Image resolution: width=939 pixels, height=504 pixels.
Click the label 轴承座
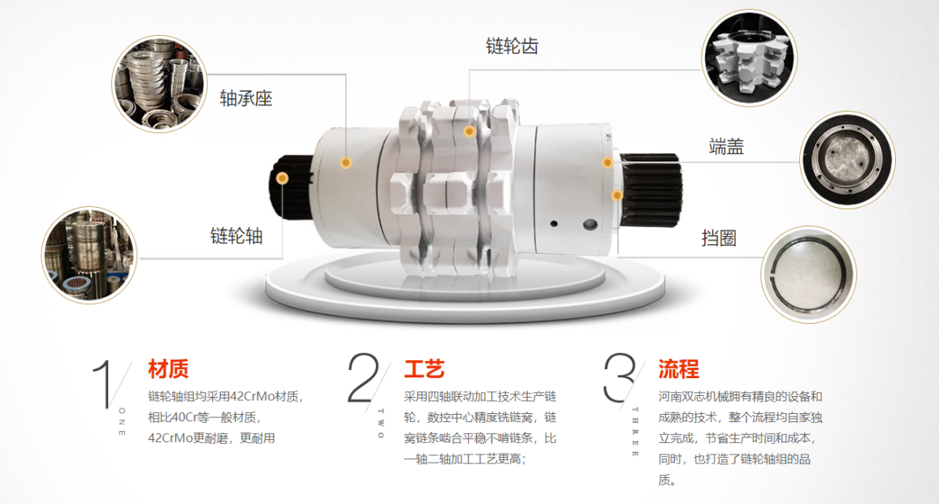coord(246,98)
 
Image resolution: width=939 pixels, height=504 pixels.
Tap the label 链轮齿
coord(512,46)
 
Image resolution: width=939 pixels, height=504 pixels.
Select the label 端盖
coord(726,147)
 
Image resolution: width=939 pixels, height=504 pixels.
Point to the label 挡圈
coord(719,239)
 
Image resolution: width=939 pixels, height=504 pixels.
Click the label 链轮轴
coord(236,236)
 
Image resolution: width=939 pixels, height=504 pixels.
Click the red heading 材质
coord(168,368)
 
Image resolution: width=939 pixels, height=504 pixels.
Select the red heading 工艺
coord(424,368)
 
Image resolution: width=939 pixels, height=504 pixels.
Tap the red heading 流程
coord(678,368)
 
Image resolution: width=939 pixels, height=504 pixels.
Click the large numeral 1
coord(103,383)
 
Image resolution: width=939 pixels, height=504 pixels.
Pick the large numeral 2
coord(363,377)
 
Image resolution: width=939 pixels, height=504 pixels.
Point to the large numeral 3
coord(619,377)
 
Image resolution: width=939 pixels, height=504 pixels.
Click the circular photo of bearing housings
coord(159,84)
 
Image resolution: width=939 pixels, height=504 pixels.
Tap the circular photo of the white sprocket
coord(749,58)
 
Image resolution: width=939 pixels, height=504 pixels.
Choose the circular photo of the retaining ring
coord(808,275)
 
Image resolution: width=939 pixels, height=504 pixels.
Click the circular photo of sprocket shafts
coord(89,255)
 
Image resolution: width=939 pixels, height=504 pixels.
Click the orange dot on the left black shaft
coord(282,179)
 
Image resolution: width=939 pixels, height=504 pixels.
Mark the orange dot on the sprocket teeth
coord(469,131)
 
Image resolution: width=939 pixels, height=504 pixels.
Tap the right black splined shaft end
coord(651,189)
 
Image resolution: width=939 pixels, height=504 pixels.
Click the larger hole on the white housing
coord(590,225)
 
